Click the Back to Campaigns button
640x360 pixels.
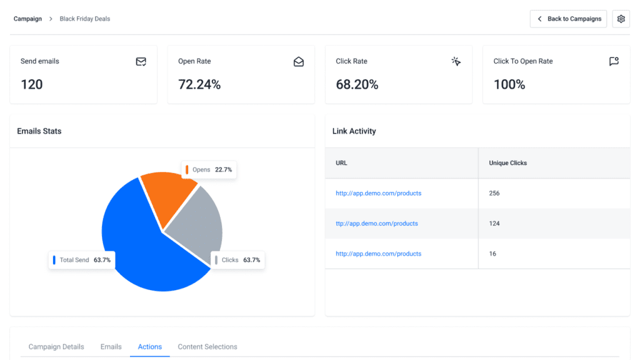click(568, 19)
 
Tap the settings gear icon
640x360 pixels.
click(621, 19)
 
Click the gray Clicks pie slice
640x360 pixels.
click(197, 225)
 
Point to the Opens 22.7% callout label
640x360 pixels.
click(209, 169)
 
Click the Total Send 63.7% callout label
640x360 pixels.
click(81, 260)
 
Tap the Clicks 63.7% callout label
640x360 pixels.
click(237, 260)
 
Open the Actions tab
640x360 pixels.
click(150, 347)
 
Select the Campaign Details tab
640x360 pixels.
click(56, 347)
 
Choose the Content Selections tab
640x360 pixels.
click(207, 347)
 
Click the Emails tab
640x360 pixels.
click(111, 347)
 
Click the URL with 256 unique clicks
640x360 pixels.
click(378, 193)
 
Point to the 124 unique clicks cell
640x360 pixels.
click(494, 224)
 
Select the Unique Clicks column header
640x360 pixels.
click(507, 163)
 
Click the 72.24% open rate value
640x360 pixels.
click(199, 84)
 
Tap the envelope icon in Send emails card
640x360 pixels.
click(141, 61)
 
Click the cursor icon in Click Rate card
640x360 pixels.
click(456, 61)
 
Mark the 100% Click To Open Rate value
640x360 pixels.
click(509, 84)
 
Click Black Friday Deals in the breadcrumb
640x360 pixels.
click(85, 19)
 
